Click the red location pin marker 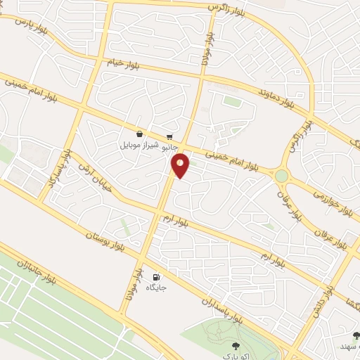[180, 165]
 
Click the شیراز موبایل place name [139, 146]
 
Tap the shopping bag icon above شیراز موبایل [139, 134]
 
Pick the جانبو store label [169, 148]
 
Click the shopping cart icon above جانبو [169, 136]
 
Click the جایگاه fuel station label [155, 288]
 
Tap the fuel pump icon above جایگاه [155, 277]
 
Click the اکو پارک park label [236, 358]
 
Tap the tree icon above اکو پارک [236, 346]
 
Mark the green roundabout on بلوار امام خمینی [282, 175]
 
